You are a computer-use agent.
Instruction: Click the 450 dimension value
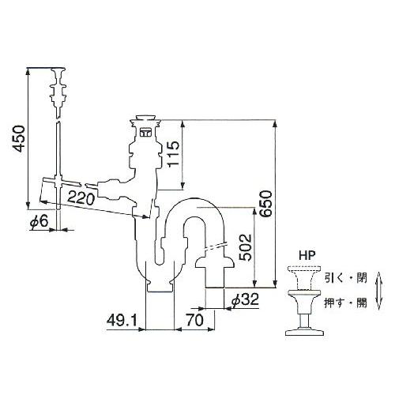19,139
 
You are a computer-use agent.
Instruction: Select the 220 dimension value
81,198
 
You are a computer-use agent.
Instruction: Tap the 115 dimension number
173,154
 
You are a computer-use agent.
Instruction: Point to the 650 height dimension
265,204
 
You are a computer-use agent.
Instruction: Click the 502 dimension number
246,247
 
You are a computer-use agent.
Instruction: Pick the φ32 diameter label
245,299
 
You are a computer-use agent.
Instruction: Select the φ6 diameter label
39,221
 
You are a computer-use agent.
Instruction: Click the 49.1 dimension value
122,321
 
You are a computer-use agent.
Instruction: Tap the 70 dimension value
195,321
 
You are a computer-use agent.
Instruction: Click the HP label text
307,256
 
